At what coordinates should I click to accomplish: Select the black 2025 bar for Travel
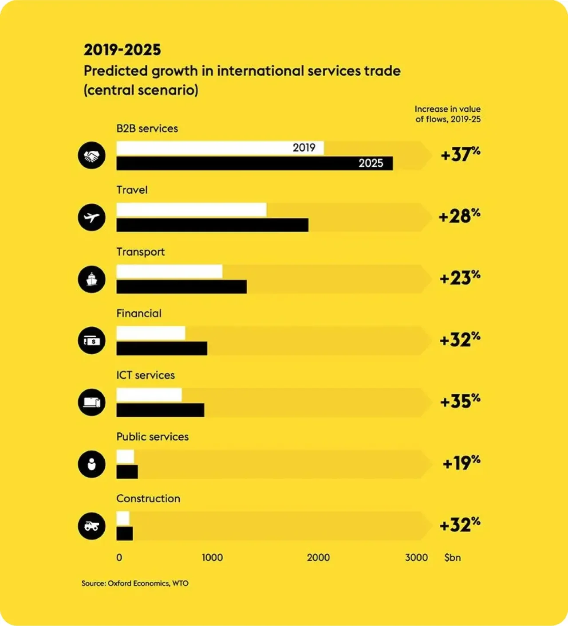[212, 225]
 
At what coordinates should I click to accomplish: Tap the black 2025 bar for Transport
[181, 287]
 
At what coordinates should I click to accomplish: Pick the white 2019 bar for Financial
[150, 333]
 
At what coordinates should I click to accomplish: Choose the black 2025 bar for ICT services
[160, 410]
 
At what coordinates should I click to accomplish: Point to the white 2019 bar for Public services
[125, 456]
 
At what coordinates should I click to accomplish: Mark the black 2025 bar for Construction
[125, 533]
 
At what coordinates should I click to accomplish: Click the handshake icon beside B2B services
[91, 156]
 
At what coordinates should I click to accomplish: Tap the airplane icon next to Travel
[91, 217]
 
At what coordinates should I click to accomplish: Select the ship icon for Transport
[91, 279]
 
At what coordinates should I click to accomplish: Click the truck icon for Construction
[91, 526]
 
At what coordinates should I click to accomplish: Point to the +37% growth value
[460, 154]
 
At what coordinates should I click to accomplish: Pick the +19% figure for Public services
[461, 463]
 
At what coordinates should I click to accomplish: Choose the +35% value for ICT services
[460, 401]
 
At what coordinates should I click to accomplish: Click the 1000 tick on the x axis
[212, 558]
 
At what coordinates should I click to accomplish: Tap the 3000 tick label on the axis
[416, 558]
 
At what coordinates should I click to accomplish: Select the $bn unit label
[452, 558]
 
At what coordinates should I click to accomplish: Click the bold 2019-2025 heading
[122, 50]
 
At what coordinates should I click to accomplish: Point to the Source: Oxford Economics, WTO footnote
[135, 583]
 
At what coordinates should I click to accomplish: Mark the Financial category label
[139, 313]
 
